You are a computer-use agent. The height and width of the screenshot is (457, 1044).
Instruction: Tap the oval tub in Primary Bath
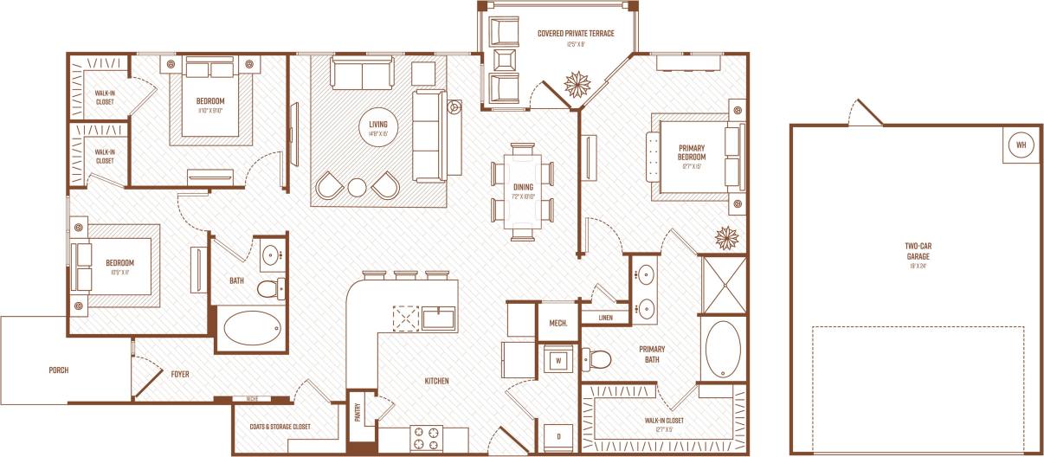[x=723, y=349]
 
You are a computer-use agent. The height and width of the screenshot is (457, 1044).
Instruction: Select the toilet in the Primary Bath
[x=597, y=357]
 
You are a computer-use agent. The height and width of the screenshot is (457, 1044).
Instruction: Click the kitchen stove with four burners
[x=426, y=436]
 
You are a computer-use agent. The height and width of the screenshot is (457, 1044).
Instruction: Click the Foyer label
[x=180, y=374]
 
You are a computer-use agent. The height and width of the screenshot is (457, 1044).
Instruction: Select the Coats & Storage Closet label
[x=281, y=427]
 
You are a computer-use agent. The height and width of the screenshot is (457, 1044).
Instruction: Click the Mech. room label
[x=558, y=324]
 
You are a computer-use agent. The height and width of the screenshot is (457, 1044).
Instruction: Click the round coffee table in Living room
[x=358, y=186]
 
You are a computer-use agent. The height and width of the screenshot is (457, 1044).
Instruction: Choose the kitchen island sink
[x=440, y=318]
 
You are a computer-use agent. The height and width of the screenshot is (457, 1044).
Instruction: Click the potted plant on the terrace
[x=575, y=84]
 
